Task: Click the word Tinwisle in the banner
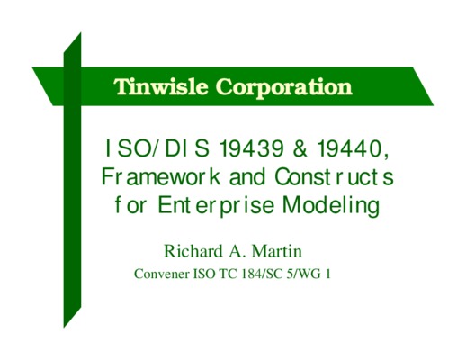161,86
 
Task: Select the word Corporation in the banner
284,88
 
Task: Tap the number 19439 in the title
252,148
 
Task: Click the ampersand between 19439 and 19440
300,148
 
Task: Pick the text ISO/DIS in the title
157,148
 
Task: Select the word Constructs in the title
334,177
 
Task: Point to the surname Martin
276,251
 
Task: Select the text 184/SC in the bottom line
262,274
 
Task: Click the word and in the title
247,177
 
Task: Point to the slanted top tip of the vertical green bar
81,32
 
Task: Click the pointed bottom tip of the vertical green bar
64,328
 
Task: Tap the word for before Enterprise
130,205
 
